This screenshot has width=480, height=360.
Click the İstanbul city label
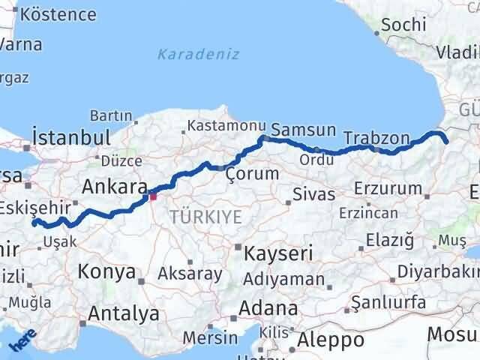pos(72,138)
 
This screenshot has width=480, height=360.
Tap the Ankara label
pos(113,186)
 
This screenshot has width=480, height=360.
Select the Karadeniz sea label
pos(199,55)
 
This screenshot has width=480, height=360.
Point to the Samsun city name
pos(303,130)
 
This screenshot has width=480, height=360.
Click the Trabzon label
pos(376,139)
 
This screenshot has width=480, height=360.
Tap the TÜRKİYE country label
pos(205,217)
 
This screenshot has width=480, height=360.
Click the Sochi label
pos(403,24)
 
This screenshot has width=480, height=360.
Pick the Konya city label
pos(107,271)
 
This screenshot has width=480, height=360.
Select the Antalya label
pos(124,313)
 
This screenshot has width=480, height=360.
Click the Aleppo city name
pos(330,340)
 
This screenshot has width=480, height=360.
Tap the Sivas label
pos(313,195)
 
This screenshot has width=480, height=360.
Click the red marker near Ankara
pos(153,196)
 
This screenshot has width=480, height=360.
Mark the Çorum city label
pos(252,174)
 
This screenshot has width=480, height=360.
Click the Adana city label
pos(268,308)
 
